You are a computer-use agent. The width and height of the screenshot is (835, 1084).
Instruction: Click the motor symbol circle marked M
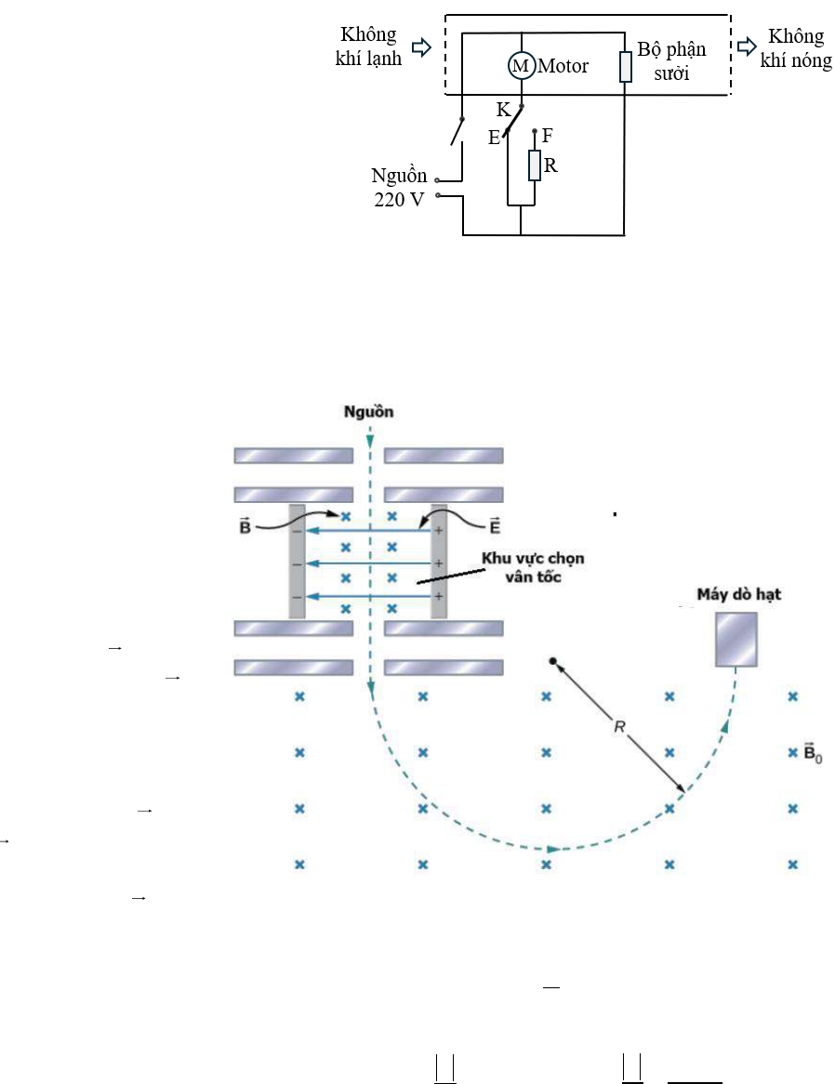click(x=522, y=66)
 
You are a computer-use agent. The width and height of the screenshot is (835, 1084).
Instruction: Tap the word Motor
click(x=563, y=66)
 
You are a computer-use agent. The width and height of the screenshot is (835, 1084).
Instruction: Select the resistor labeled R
click(x=535, y=165)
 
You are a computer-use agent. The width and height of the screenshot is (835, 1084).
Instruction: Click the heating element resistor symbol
click(x=626, y=67)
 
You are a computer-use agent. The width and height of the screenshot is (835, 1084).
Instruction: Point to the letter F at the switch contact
click(x=548, y=136)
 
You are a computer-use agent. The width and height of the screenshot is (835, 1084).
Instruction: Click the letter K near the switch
click(x=503, y=110)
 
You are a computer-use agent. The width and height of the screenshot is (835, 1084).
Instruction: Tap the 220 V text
click(x=399, y=200)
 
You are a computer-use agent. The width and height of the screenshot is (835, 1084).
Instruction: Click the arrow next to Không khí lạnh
click(x=421, y=47)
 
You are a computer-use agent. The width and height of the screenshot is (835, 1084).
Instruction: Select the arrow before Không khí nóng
click(x=747, y=46)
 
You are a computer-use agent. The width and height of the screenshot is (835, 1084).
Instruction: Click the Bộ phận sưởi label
click(x=671, y=60)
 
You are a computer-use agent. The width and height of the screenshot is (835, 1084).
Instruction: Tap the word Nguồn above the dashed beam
click(x=368, y=412)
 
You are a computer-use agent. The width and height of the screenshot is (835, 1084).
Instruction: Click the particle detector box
click(x=736, y=640)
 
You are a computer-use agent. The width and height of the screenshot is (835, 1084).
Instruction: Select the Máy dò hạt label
click(x=738, y=595)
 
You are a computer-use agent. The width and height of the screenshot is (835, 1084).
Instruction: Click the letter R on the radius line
click(x=619, y=727)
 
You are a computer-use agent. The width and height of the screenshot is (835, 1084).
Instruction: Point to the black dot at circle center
click(x=552, y=662)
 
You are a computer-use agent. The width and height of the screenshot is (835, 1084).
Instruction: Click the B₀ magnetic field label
click(x=813, y=752)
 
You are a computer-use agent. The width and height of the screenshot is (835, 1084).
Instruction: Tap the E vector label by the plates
click(x=495, y=526)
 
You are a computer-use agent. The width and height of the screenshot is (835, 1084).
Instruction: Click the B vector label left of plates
click(x=245, y=526)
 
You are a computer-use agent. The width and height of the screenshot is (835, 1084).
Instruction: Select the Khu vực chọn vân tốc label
click(x=533, y=567)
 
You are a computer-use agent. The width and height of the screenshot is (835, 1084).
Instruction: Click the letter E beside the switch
click(x=494, y=139)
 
